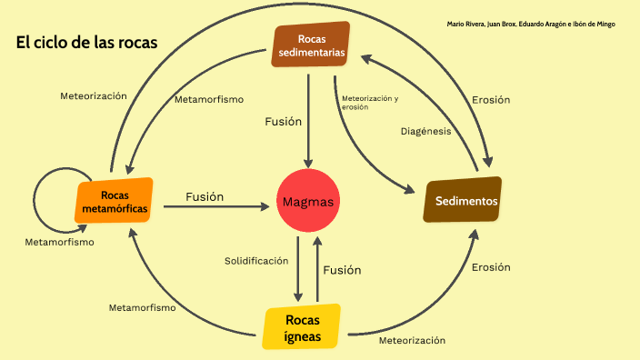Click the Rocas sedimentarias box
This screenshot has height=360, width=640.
click(312, 45)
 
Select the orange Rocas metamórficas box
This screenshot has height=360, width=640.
click(114, 202)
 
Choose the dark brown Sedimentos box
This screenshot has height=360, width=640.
click(465, 201)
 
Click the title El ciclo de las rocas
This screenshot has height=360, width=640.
click(87, 43)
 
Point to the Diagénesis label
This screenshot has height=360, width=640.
click(425, 131)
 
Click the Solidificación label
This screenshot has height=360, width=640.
click(256, 261)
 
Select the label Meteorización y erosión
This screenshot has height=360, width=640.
click(370, 102)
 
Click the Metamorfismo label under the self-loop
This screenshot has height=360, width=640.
click(59, 243)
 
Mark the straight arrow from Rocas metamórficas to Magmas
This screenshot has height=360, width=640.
click(218, 207)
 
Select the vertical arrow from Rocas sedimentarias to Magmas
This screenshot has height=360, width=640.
click(309, 118)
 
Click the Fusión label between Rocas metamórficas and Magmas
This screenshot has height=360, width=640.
click(205, 196)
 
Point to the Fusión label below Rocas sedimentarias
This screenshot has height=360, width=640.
click(283, 121)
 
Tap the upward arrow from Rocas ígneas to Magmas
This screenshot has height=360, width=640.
click(316, 268)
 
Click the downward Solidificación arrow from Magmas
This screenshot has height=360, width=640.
click(298, 268)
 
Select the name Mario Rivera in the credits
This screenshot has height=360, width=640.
click(466, 24)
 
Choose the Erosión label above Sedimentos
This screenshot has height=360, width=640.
click(491, 100)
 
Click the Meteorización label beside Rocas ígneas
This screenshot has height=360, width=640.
click(412, 340)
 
